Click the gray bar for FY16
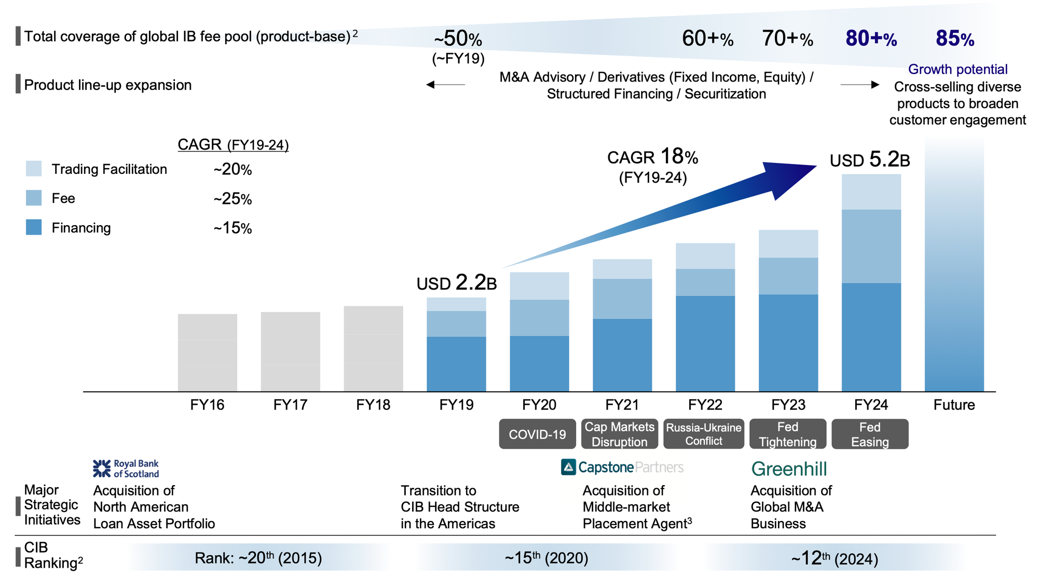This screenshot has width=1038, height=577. coord(207,352)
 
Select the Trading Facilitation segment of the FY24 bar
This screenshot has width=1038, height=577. coord(871,192)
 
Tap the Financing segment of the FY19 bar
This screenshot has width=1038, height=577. coord(456,364)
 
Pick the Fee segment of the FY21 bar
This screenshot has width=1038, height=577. coord(622,298)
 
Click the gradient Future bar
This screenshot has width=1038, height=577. coord(954,270)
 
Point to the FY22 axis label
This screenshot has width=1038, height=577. coord(705,405)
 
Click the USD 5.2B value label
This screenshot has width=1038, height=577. coord(870,160)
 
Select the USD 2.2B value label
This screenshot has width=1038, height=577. coord(457,283)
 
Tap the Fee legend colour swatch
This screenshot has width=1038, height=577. coord(34,198)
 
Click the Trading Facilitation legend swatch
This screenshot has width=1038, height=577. coord(34,169)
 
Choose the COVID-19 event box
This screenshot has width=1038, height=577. coord(537,434)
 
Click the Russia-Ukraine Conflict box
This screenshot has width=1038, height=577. coord(704,434)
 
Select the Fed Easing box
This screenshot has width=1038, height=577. coord(870,434)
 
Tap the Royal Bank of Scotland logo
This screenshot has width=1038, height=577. coord(126,469)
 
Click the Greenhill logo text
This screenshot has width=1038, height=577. coord(789,469)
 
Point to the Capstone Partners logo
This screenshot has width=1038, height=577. coord(622,468)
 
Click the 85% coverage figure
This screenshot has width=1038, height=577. coord(955,39)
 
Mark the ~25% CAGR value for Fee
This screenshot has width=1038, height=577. coord(233,199)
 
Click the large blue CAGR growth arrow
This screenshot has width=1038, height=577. coord(675,213)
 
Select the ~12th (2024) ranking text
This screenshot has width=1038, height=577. coord(835,559)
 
